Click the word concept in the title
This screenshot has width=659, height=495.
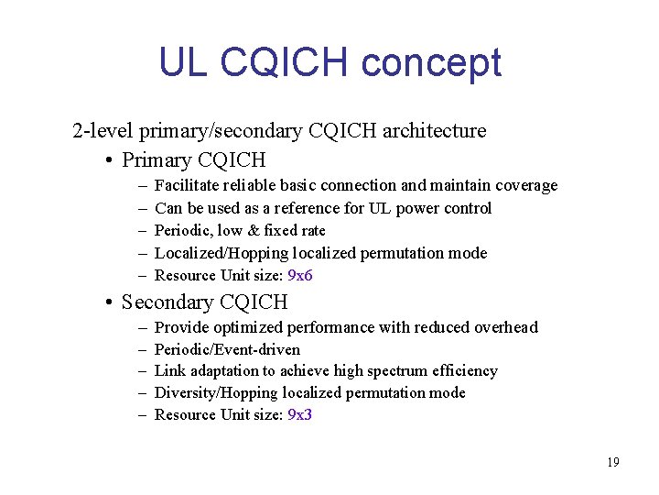click(x=431, y=64)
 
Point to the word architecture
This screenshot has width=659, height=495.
click(x=434, y=131)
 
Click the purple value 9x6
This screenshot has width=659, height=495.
click(x=300, y=275)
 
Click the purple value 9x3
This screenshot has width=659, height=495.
click(x=300, y=414)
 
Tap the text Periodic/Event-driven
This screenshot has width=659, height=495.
click(x=227, y=349)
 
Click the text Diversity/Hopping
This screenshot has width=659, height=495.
click(x=216, y=392)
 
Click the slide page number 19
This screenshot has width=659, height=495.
click(x=612, y=462)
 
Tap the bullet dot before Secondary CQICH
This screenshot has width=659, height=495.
click(x=109, y=302)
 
